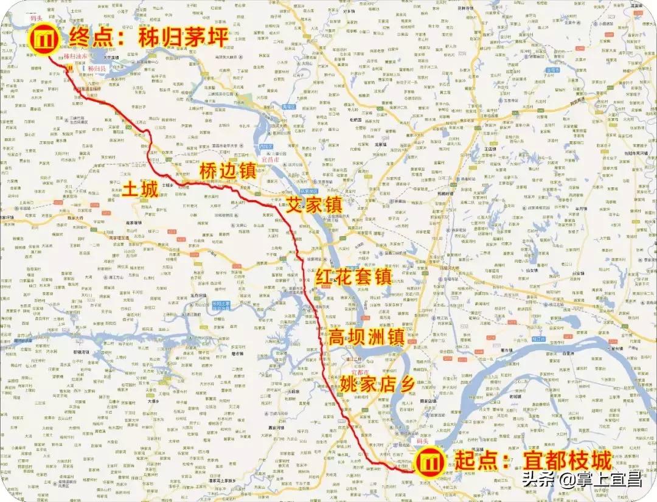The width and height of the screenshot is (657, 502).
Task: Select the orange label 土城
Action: pos(140,189)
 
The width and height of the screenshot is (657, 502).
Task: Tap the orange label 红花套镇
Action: pos(352,276)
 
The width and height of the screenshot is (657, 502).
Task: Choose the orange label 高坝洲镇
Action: pos(366,336)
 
